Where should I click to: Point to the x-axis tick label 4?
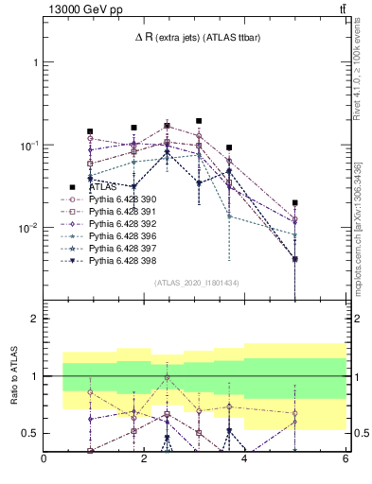point(245,459)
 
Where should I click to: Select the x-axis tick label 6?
point(345,459)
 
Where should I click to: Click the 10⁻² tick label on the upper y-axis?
point(28,228)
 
